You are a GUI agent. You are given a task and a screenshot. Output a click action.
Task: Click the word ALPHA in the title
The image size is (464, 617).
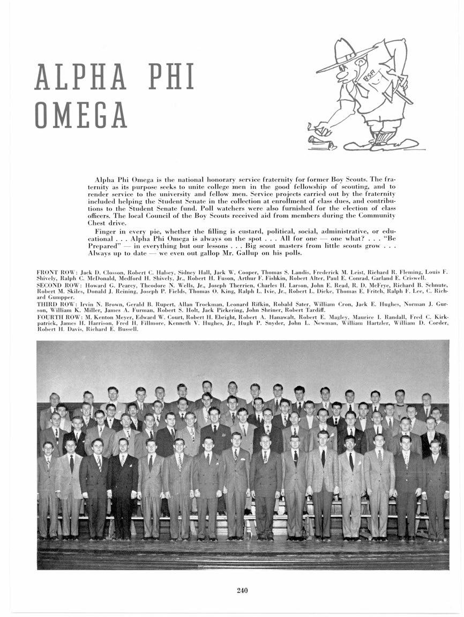80,78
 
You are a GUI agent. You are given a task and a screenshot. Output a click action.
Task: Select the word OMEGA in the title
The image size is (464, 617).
81,115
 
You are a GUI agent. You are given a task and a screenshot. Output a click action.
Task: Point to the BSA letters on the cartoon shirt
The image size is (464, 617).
369,77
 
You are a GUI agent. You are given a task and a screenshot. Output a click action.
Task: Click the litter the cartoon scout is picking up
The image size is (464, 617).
320,142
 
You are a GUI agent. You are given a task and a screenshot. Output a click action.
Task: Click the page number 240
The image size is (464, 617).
242,591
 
